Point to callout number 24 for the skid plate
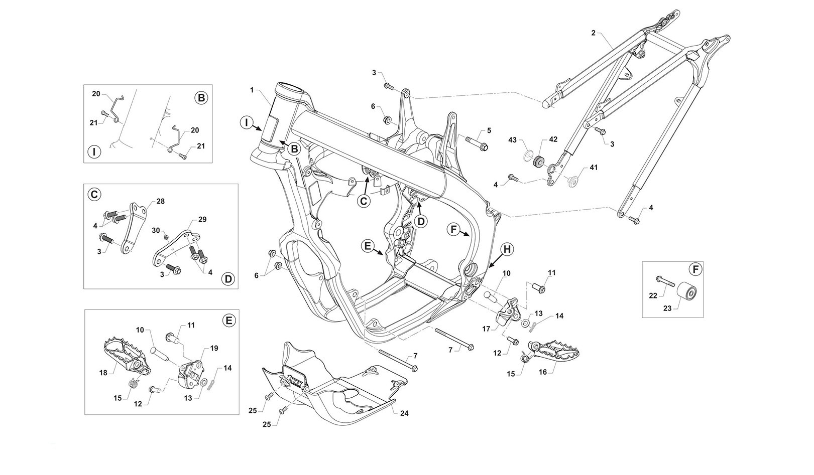(404, 413)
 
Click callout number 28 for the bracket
(161, 201)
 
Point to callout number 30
(156, 230)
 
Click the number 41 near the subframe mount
(594, 167)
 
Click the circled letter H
(506, 249)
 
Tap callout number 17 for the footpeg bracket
(485, 329)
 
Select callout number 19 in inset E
(214, 348)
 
